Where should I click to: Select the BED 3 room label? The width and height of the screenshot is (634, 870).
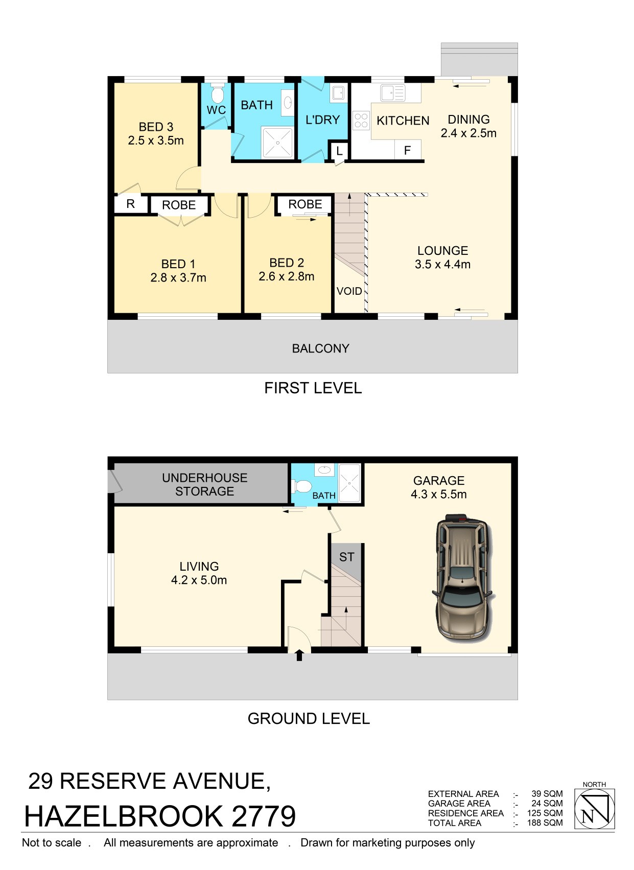coord(156,127)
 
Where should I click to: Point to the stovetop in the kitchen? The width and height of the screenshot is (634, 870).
coord(361,120)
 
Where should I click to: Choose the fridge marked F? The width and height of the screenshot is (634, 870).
coord(408,150)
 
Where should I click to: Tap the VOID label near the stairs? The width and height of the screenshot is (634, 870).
coord(349,291)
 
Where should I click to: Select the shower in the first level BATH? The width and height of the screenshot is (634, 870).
coord(278,143)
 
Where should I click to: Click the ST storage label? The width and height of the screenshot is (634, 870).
coord(346,557)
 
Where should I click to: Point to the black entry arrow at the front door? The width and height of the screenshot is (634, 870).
coord(299,655)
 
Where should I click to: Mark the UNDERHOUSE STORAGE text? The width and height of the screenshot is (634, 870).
coord(205,484)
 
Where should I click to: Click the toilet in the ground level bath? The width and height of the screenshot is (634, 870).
coord(302,486)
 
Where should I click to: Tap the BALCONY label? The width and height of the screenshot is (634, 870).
coord(320,348)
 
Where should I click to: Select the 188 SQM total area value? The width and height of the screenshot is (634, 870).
coord(545,822)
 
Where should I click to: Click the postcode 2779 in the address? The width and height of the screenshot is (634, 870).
coord(264,816)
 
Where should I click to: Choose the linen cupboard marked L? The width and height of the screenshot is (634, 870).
coord(339,151)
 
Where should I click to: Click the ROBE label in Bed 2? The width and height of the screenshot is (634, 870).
coord(305,204)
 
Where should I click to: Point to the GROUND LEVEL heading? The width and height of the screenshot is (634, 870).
coord(309,718)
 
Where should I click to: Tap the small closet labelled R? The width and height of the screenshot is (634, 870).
coord(131,204)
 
